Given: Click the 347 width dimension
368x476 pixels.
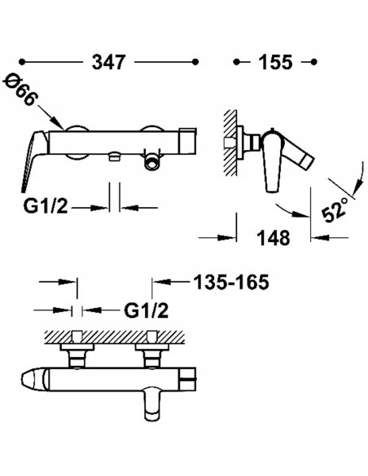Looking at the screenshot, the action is pos(108,62).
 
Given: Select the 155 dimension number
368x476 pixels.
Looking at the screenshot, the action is pos(275,62).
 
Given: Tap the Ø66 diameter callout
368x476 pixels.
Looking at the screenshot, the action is pos(20,90).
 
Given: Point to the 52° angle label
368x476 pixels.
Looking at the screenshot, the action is pos(335,209).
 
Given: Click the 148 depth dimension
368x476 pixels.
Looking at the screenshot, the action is pos(274,238).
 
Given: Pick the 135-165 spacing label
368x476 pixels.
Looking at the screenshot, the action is pos(231,282).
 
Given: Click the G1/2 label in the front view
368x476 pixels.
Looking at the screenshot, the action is pos(46,207).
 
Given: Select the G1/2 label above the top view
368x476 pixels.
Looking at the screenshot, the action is pos(146,311).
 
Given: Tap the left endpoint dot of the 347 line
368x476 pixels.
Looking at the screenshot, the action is pos(21,62).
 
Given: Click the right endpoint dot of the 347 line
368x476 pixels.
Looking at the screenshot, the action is pos(195,62).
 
